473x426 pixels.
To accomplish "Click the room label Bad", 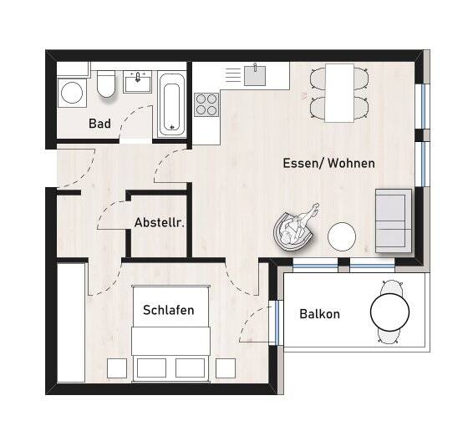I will tap(99, 124).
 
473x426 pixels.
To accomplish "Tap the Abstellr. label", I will tap(159, 223).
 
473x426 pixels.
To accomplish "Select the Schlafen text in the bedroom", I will tap(168, 310).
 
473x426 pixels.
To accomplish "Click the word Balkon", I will tap(319, 314).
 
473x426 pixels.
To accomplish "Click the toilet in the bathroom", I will tap(106, 84).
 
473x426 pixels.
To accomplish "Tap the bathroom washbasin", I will tap(138, 83).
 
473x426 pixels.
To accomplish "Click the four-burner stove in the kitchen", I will tap(206, 104).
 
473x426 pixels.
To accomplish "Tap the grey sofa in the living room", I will tap(393, 220).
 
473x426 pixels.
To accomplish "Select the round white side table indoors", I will tap(342, 236).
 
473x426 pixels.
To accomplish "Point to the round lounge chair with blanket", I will tap(294, 229).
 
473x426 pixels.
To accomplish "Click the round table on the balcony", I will tap(389, 314).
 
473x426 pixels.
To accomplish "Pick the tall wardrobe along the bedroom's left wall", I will tap(71, 322).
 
